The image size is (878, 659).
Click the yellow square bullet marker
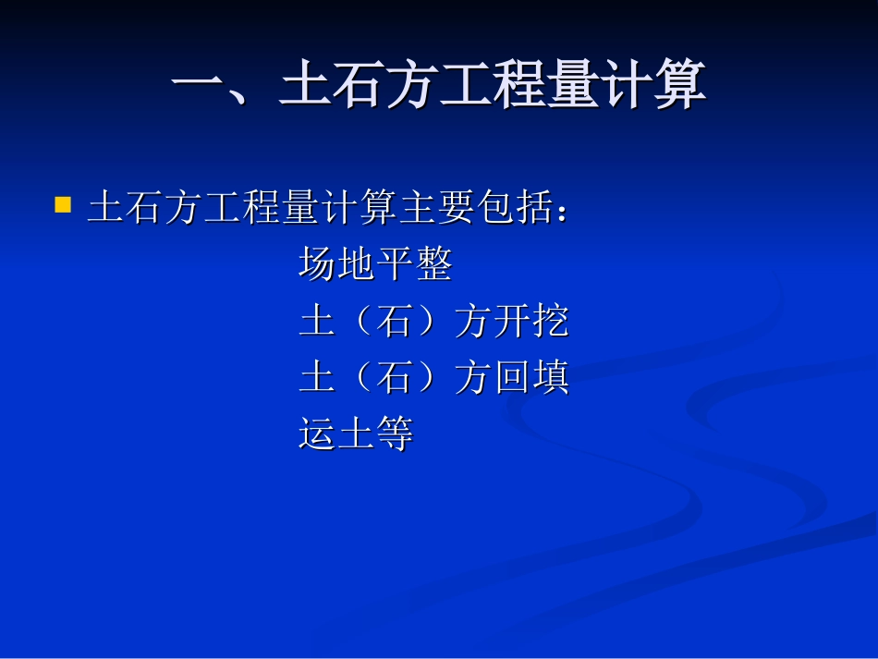pyautogui.click(x=63, y=204)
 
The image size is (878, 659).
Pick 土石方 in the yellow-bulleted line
pyautogui.click(x=145, y=209)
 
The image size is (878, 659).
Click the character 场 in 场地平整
pyautogui.click(x=317, y=265)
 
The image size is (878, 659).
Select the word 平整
pyautogui.click(x=413, y=265)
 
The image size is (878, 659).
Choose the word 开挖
pyautogui.click(x=530, y=322)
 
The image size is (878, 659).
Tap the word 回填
pyautogui.click(x=530, y=378)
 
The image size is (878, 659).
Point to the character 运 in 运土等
pyautogui.click(x=317, y=433)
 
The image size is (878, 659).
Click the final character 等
pyautogui.click(x=394, y=433)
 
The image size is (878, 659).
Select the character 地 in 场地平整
pyautogui.click(x=356, y=265)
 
